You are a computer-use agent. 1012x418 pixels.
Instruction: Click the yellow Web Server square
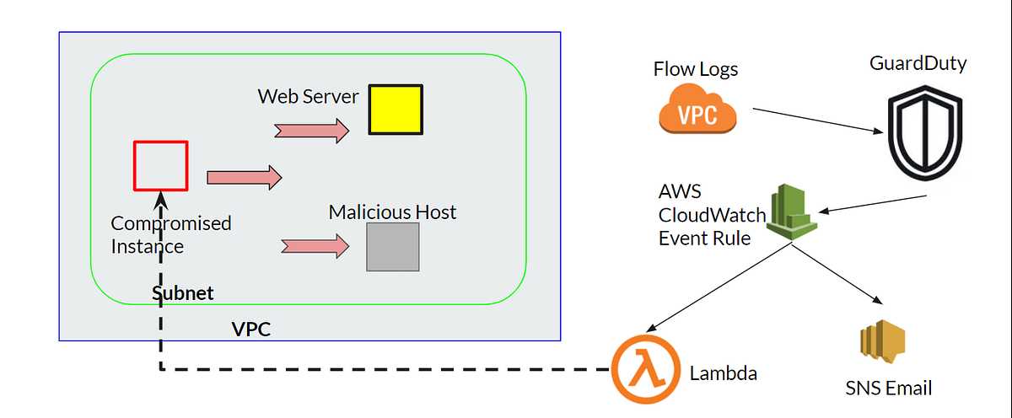tap(396, 110)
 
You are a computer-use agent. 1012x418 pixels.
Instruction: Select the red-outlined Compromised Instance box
tap(160, 166)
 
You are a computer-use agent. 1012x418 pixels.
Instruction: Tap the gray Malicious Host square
tap(393, 247)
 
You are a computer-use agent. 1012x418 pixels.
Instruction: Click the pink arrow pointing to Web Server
tap(311, 130)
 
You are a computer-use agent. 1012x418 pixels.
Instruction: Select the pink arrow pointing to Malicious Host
tap(315, 246)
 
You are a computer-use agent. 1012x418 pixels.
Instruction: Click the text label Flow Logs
tap(696, 69)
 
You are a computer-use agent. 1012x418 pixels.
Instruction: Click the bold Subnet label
tap(182, 293)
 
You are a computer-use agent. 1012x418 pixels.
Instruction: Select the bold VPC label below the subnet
tap(251, 330)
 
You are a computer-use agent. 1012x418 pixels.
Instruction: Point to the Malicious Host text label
tap(392, 212)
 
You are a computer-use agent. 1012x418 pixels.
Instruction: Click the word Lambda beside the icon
tap(723, 372)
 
